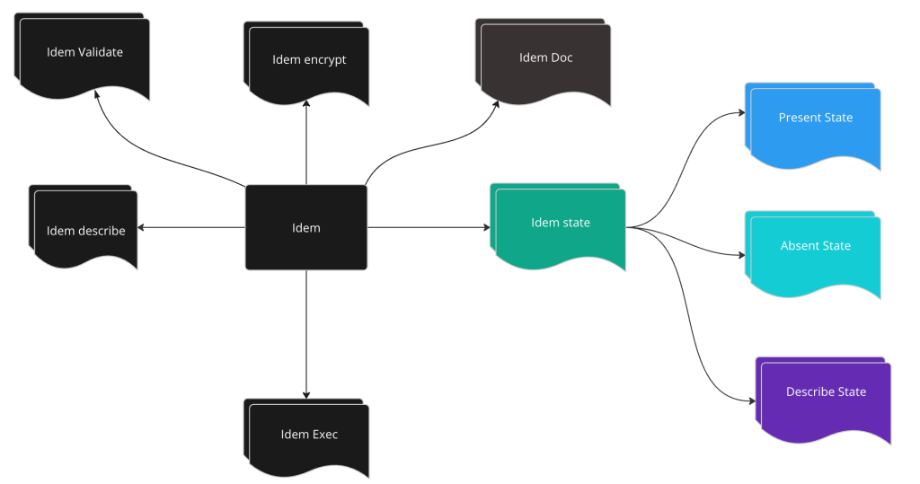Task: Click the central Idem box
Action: [x=306, y=227]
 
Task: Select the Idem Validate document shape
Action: [x=84, y=56]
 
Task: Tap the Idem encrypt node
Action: [x=309, y=63]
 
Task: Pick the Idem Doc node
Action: [x=545, y=61]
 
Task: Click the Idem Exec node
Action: [x=309, y=438]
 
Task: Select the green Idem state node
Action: [x=560, y=225]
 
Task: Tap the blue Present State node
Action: [x=815, y=122]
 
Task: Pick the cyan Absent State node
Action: [x=815, y=250]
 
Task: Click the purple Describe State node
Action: [x=826, y=395]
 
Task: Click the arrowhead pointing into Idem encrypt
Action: [x=306, y=103]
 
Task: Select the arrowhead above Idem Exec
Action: [x=306, y=393]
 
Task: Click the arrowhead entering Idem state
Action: [x=486, y=227]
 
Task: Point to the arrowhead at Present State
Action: [x=741, y=112]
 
